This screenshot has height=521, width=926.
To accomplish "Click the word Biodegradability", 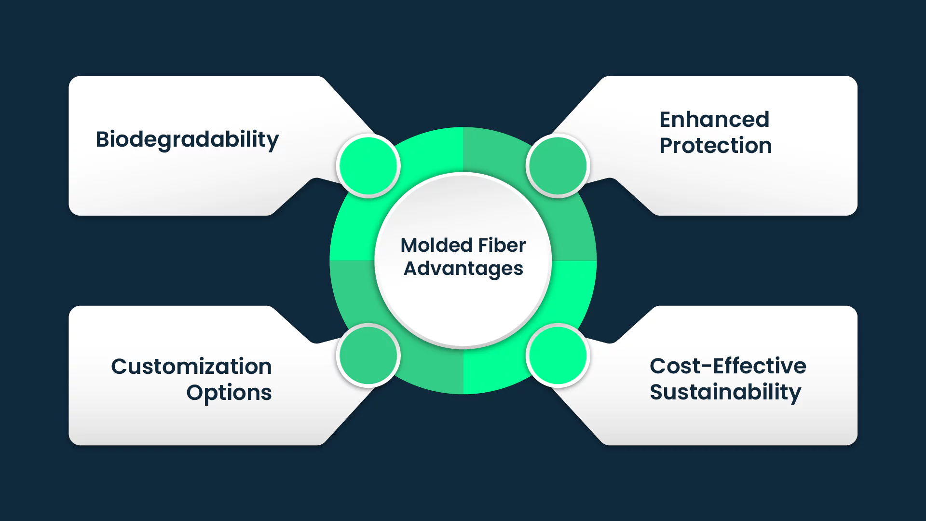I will tap(187, 139).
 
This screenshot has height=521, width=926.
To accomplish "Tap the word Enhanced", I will tap(714, 120).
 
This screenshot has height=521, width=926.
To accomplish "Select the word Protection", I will tap(715, 146).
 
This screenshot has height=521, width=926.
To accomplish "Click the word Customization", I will tap(191, 367).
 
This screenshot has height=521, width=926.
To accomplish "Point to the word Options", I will tap(229, 393).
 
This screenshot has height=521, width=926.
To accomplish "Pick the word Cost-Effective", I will tap(727, 366).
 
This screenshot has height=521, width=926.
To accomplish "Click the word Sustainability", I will tap(725, 392).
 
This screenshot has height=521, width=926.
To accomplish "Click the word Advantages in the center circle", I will tap(463, 269).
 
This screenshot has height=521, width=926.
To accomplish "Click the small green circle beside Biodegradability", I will tap(368, 166).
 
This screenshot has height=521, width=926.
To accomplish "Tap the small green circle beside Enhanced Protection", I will tap(558, 166).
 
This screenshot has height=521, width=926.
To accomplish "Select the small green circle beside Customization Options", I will tap(368, 356).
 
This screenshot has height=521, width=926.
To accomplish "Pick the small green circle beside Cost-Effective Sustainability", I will tap(558, 356).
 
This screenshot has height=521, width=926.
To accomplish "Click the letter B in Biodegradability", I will tap(103, 139).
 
